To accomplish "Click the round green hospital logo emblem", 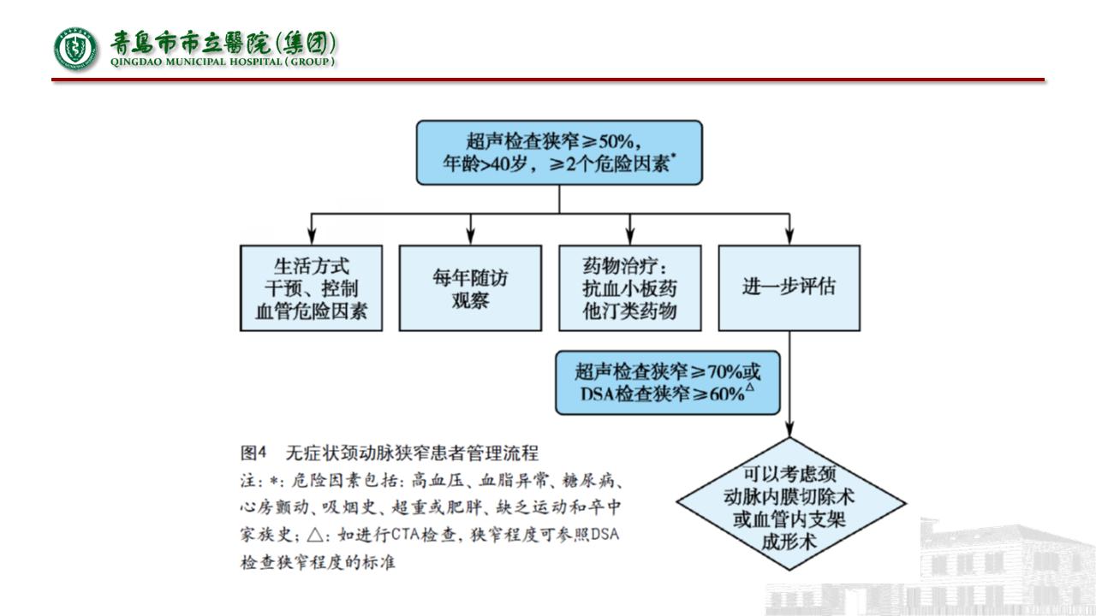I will point(75,48).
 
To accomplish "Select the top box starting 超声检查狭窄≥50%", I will point(559,152).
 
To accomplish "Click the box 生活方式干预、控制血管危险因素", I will point(312,288).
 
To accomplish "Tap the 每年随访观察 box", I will point(470,288).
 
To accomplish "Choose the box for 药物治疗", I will point(629,288).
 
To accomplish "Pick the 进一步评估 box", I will point(789,288).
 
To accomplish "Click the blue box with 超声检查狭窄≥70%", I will point(667,382).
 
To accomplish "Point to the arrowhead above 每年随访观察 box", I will point(470,237).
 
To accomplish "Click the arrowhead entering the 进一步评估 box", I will point(789,237).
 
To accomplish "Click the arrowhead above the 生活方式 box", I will point(312,237).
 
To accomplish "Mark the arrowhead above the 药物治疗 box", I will point(629,237).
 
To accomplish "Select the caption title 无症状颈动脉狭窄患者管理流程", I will point(413,451).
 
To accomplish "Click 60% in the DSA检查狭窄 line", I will point(724,395).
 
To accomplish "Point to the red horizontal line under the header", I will point(548,80).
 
